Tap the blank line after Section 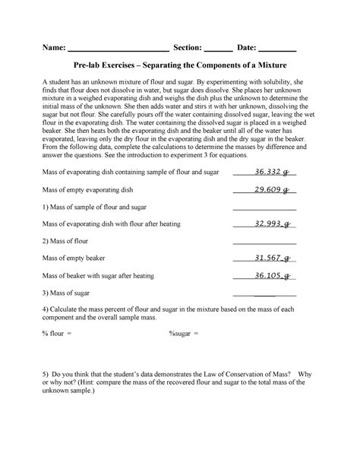pyautogui.click(x=219, y=48)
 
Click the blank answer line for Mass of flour pyautogui.click(x=264, y=243)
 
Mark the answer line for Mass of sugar pyautogui.click(x=264, y=294)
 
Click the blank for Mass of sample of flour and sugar pyautogui.click(x=264, y=208)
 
